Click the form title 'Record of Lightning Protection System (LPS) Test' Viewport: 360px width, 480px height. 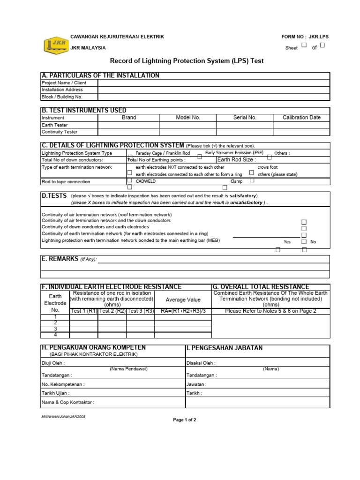pyautogui.click(x=187, y=61)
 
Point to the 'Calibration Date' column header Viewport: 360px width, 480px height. pyautogui.click(x=301, y=118)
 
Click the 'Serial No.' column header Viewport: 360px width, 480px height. pyautogui.click(x=245, y=118)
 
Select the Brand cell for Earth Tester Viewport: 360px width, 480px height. pyautogui.click(x=128, y=125)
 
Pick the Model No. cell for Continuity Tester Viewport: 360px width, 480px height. pyautogui.click(x=187, y=132)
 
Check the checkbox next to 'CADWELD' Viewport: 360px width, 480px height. pyautogui.click(x=130, y=180)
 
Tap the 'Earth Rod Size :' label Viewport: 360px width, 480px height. pyautogui.click(x=237, y=160)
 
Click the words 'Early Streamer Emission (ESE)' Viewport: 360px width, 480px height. pyautogui.click(x=233, y=153)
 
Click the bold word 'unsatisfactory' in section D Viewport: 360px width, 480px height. pyautogui.click(x=246, y=202)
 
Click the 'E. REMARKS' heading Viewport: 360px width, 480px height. pyautogui.click(x=60, y=259)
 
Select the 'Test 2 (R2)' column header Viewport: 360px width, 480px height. pyautogui.click(x=112, y=311)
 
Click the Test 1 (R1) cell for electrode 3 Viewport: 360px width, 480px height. pyautogui.click(x=83, y=329)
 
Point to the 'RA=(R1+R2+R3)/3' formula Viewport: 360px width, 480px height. pyautogui.click(x=183, y=311)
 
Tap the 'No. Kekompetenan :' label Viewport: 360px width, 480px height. pyautogui.click(x=64, y=384)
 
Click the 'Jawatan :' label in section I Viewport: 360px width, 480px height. pyautogui.click(x=196, y=384)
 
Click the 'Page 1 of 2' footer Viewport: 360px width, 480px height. pyautogui.click(x=185, y=420)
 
